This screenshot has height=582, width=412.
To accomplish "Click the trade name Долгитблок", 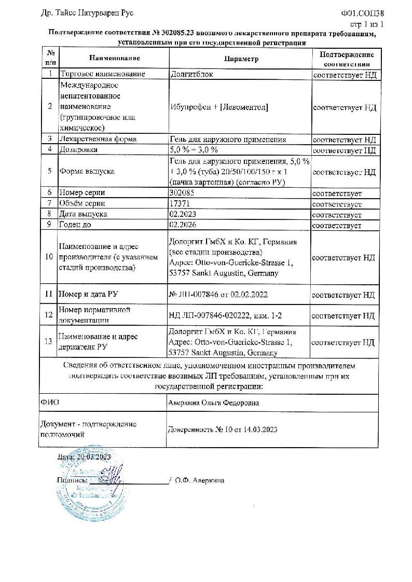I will [191, 75].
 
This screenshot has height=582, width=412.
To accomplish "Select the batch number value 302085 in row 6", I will [181, 193].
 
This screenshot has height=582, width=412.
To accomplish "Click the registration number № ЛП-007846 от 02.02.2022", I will [218, 295].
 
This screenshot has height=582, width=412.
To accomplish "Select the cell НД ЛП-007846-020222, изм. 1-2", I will [224, 315].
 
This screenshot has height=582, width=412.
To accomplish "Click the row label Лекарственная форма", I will [99, 140].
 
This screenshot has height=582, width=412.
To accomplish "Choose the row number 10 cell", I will [49, 257].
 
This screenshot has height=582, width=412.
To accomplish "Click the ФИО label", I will [48, 403].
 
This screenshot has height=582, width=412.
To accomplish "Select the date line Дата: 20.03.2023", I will [85, 457].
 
